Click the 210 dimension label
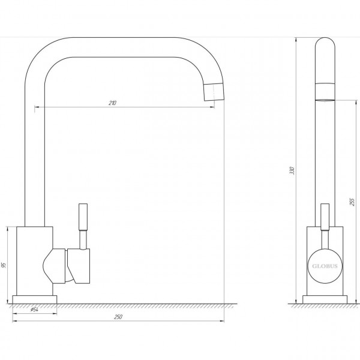pos(112,103)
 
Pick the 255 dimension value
pos(352,202)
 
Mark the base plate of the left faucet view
pos(35,299)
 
